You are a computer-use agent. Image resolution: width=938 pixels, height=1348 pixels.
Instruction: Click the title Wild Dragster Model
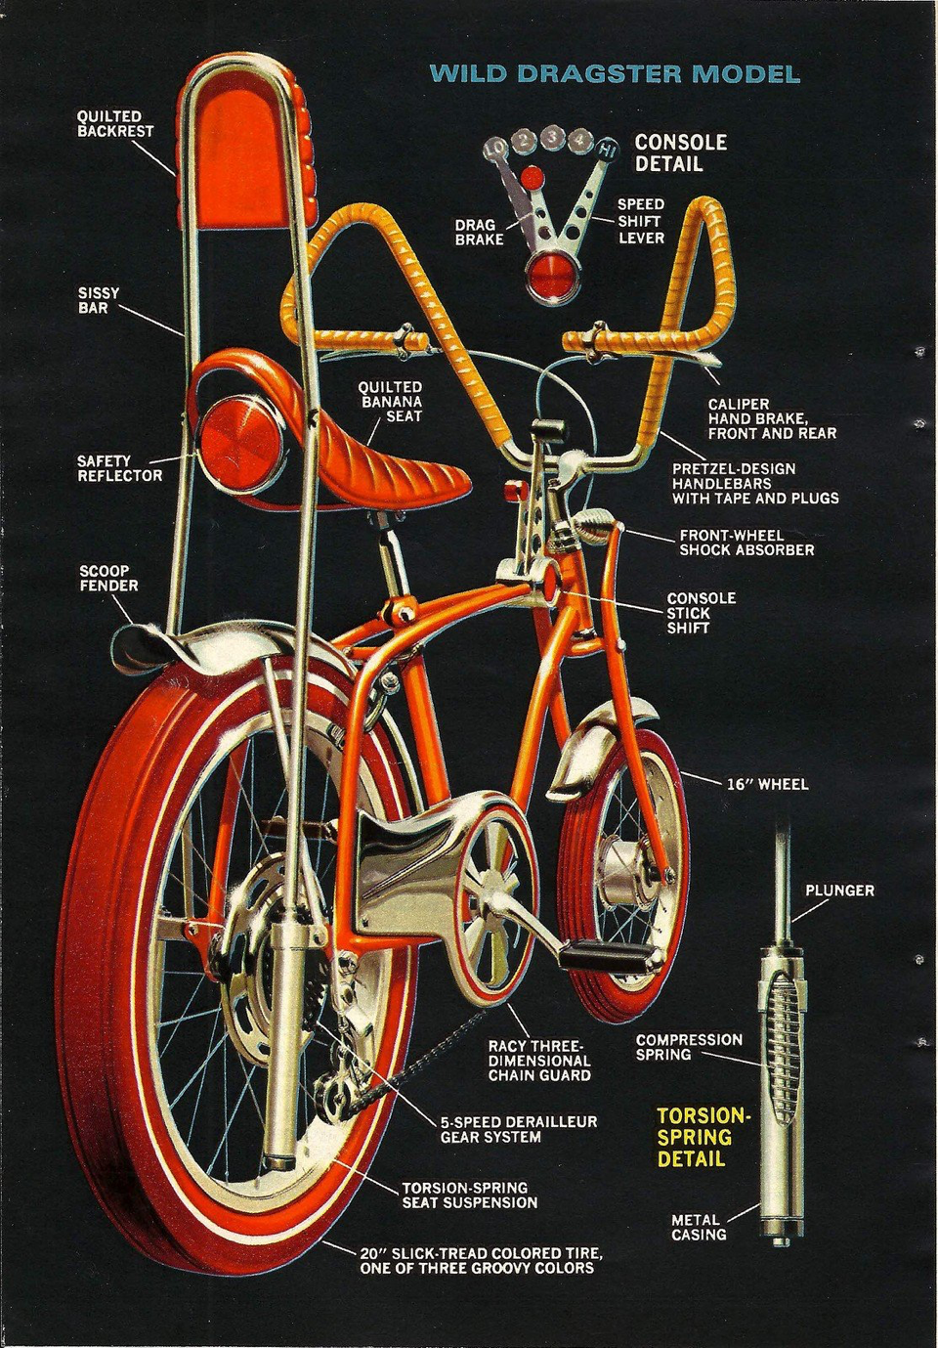(615, 74)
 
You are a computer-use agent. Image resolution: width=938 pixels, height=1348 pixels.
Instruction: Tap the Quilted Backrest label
(115, 123)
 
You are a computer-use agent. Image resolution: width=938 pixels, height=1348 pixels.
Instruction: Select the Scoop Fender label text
(108, 578)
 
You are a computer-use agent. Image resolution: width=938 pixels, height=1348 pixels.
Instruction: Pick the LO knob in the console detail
(496, 149)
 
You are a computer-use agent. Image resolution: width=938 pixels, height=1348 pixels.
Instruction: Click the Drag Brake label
(480, 232)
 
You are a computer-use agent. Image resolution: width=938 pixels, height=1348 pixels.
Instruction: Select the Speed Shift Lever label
(641, 221)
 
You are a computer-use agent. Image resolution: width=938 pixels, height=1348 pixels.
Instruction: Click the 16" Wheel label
(767, 784)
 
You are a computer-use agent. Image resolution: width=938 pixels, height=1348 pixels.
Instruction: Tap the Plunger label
(839, 891)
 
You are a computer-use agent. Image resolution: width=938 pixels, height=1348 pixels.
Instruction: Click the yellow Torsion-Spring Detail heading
(703, 1137)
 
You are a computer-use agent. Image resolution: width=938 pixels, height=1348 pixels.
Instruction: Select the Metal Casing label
(699, 1227)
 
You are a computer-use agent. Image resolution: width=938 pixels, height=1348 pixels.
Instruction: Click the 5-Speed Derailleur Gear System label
(518, 1129)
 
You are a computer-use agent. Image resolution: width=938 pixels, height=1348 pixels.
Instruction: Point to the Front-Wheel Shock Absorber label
(746, 543)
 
